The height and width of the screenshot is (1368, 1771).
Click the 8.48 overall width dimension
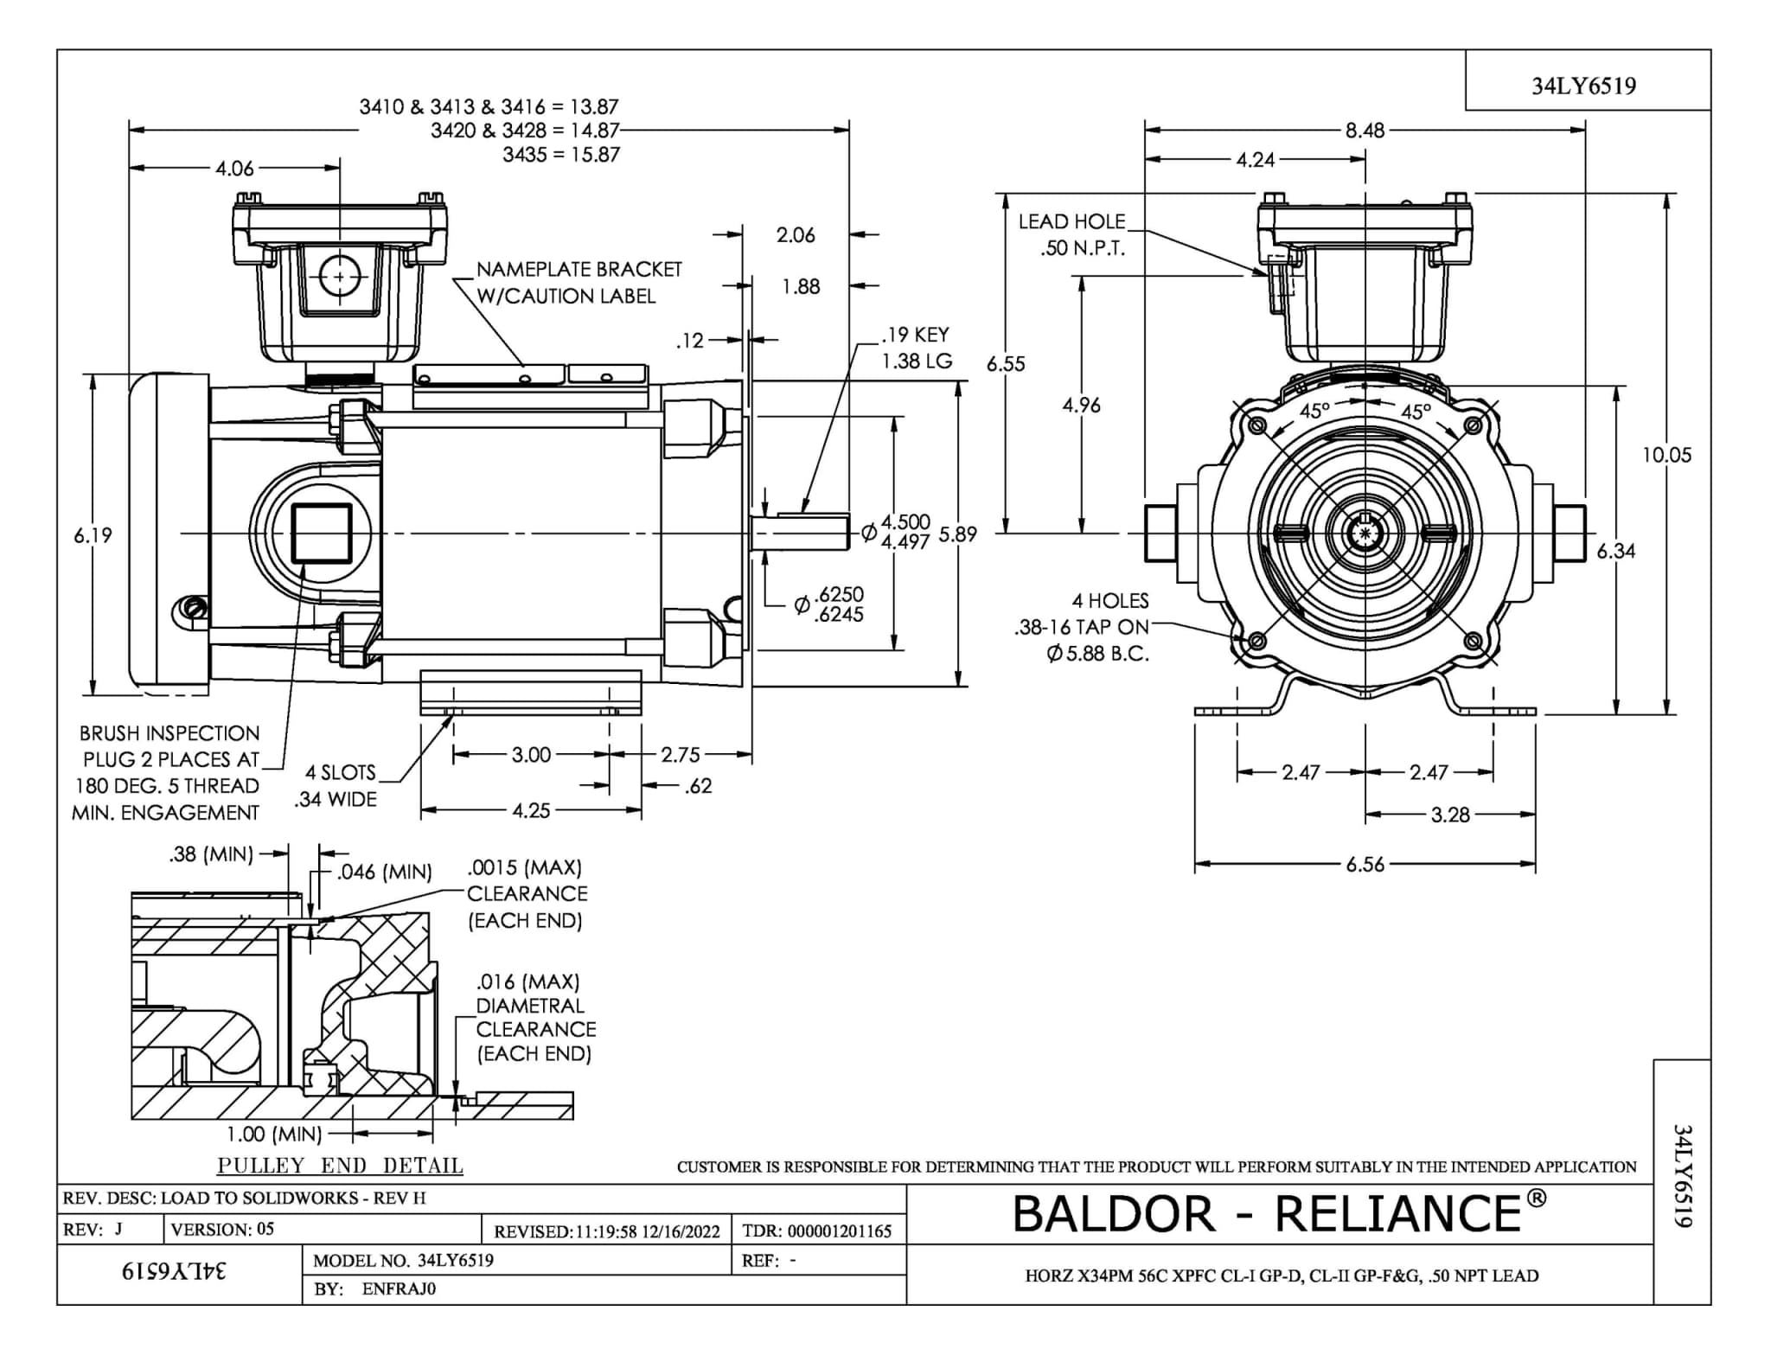point(1365,131)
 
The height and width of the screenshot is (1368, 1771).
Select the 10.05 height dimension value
point(1666,455)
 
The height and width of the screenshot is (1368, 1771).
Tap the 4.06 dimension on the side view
point(234,169)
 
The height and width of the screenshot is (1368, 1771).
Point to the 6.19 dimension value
point(93,535)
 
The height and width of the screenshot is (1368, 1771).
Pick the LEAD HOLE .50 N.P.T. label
point(1071,234)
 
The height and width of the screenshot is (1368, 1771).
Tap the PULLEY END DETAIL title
point(340,1165)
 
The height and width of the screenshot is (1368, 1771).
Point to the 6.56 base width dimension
point(1365,864)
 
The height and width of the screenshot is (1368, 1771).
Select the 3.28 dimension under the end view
point(1449,815)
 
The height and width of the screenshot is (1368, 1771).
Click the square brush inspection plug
point(321,534)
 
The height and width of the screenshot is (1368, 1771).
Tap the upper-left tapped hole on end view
point(1258,425)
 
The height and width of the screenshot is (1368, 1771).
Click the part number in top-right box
point(1583,86)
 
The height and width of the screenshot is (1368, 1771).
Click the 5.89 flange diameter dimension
point(958,534)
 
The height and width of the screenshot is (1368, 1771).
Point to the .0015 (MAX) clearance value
point(524,867)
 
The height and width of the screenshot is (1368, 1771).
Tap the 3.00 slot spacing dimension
point(531,755)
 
